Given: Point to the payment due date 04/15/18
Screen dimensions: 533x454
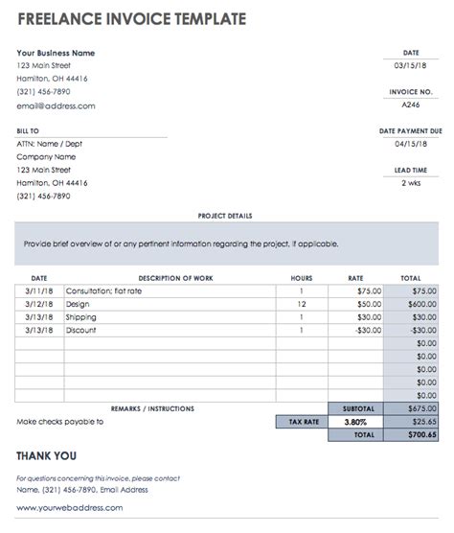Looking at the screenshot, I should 410,145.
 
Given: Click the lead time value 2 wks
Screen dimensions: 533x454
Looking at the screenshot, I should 410,182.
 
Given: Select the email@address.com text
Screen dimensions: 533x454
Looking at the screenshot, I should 56,106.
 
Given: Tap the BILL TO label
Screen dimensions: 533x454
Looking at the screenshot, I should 29,130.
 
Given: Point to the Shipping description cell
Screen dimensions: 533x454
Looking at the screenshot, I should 80,317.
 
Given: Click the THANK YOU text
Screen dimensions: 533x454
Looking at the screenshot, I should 46,456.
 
